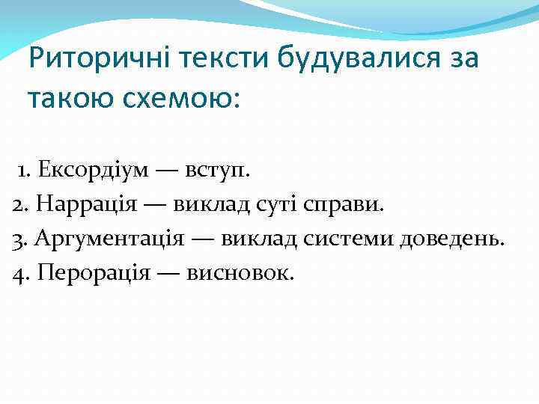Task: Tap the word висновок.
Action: click(239, 273)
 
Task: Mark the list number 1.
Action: click(23, 170)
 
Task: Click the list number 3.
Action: click(18, 239)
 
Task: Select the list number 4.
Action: click(18, 274)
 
